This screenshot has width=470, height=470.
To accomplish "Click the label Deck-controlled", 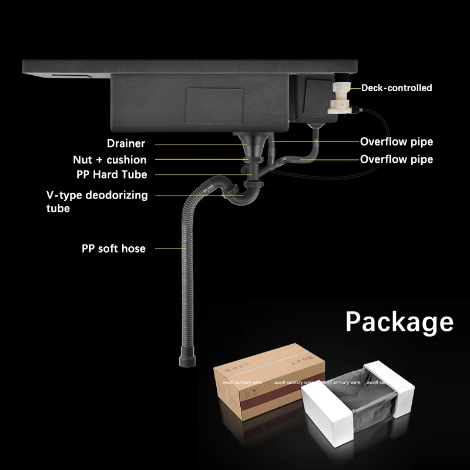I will [397, 88].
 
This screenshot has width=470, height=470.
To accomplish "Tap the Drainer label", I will [126, 143].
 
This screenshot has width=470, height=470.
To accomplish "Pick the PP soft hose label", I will [113, 249].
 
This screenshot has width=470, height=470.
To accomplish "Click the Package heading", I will [399, 322].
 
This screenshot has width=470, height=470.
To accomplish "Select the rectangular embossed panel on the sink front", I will [214, 106].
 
